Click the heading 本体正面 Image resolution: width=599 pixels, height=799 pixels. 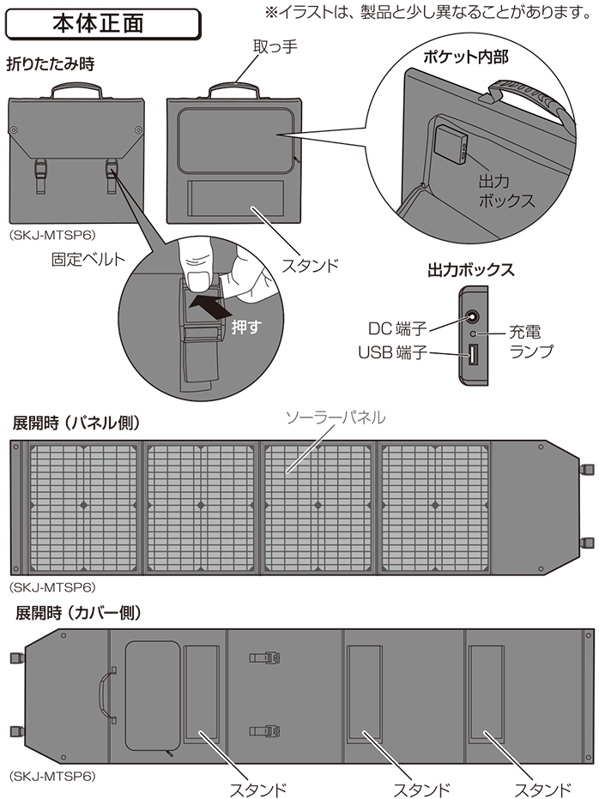tap(98, 23)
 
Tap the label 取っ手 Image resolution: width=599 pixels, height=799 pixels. tap(275, 47)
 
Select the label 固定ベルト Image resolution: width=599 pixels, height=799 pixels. tap(88, 260)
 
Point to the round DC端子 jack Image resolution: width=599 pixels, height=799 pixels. tap(472, 317)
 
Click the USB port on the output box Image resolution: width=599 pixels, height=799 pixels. tap(473, 355)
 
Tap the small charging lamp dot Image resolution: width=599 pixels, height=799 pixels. tap(473, 333)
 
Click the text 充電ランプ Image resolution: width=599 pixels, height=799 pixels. tap(531, 342)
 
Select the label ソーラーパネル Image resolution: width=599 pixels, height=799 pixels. tap(336, 418)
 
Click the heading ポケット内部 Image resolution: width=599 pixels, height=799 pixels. tap(465, 57)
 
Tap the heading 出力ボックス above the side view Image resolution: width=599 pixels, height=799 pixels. tap(470, 270)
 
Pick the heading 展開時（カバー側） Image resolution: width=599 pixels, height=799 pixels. tap(78, 612)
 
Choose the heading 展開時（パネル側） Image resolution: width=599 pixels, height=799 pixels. tap(76, 423)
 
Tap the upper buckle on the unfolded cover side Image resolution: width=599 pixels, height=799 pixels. tap(265, 658)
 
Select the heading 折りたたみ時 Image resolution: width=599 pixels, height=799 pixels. tap(50, 64)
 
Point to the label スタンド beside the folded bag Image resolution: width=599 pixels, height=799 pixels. tap(310, 266)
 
